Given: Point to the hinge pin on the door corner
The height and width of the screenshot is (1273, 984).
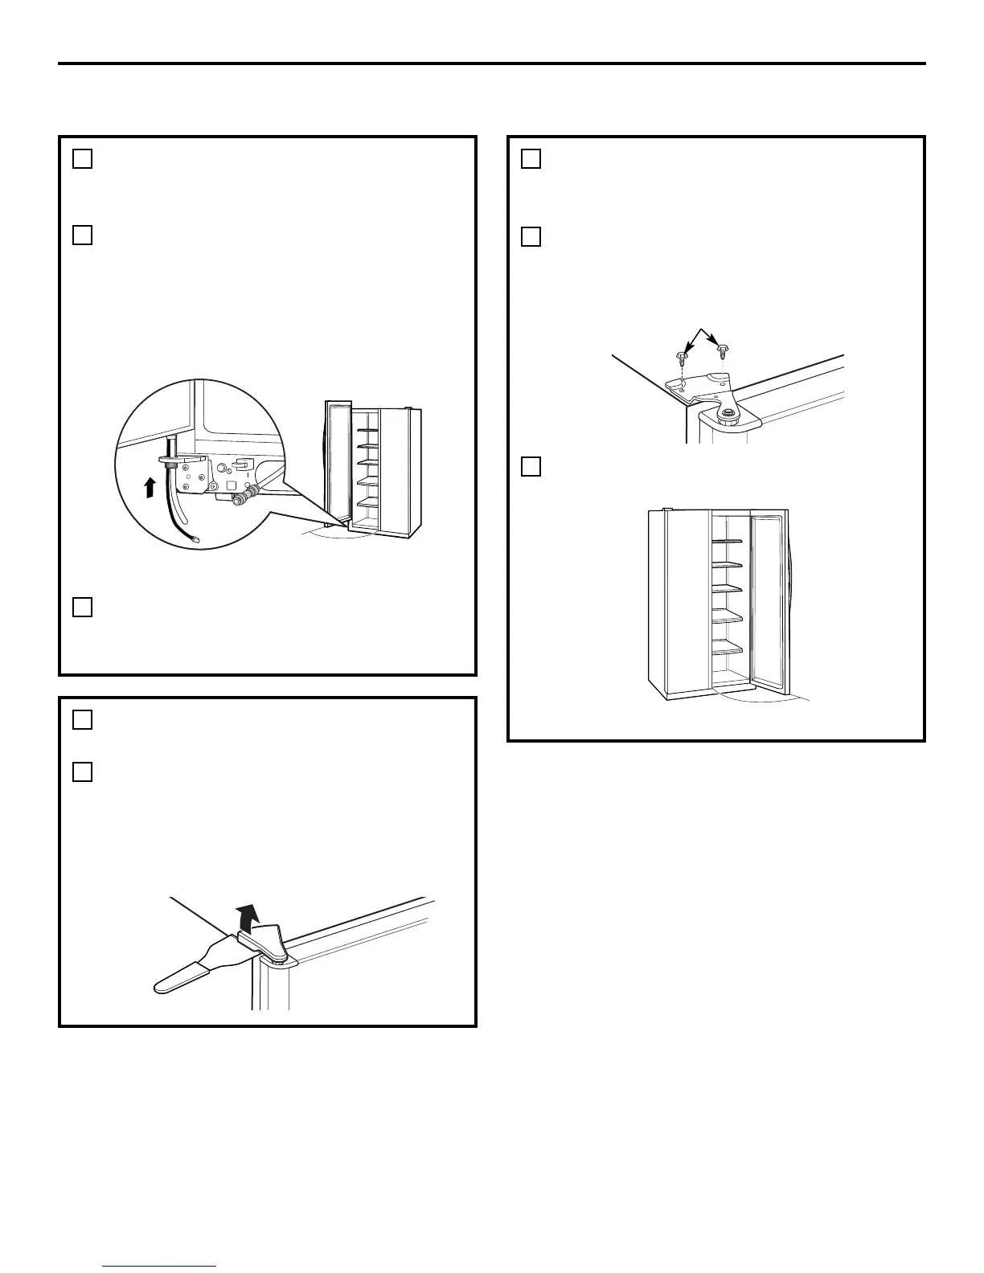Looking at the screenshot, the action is tap(728, 415).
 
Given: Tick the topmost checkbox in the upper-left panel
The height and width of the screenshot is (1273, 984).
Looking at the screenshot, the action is tap(82, 159).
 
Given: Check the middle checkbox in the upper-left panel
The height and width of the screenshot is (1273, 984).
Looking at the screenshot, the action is tap(82, 235).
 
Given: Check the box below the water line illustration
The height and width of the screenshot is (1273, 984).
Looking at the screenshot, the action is tap(82, 608).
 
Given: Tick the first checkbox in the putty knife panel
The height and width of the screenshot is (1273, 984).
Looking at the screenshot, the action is tap(82, 720).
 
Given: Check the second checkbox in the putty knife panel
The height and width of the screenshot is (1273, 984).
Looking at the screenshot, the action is tap(82, 772).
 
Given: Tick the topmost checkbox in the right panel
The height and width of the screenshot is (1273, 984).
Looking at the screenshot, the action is tap(531, 159).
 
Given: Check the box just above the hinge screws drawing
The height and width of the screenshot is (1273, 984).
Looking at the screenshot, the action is tap(531, 236).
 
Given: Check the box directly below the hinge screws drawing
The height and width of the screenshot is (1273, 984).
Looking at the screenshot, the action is tap(531, 466).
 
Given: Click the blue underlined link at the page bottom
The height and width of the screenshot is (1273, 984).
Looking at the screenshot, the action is tap(160, 1267).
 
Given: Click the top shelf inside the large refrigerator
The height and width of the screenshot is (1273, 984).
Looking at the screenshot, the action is tap(728, 541).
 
